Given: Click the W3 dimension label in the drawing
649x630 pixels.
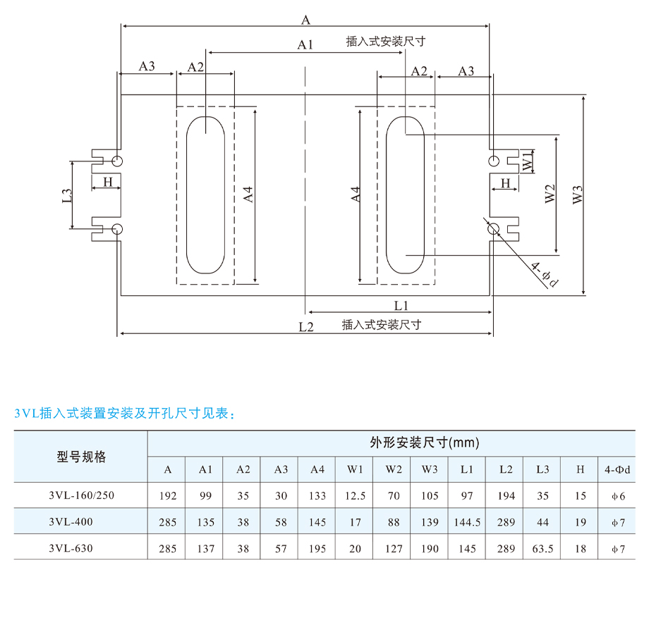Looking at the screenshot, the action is (577, 194).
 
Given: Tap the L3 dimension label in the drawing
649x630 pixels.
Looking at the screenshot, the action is (67, 195).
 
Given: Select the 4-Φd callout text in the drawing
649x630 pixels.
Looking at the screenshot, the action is (545, 274).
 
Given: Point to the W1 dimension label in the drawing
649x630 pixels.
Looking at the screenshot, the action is (528, 161).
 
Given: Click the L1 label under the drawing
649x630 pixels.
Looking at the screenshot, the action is (401, 306).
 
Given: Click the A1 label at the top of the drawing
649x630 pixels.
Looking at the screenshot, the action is (305, 44).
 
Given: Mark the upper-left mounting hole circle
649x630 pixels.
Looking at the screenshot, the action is (117, 161).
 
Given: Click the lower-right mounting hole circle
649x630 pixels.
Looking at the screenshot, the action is (494, 228).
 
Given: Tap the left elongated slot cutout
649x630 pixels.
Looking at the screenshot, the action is (187, 194).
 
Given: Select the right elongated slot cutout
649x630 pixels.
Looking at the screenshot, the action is (386, 194).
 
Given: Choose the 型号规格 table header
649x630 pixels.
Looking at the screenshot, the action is (81, 457).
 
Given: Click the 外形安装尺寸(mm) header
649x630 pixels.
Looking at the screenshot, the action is (425, 443).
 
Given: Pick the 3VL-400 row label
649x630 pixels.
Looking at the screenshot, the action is (71, 521).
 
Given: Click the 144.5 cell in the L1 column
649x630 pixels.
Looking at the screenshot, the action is (467, 522).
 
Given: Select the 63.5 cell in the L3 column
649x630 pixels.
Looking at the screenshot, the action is (542, 548).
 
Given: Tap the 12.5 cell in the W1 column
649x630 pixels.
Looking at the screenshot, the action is (355, 495).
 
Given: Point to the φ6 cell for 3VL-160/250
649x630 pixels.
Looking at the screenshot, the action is (619, 496).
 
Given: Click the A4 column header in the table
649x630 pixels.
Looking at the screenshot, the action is (317, 469).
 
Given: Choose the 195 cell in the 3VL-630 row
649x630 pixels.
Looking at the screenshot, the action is (317, 548).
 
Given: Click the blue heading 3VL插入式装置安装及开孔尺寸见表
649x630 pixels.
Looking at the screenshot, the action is (125, 413).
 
